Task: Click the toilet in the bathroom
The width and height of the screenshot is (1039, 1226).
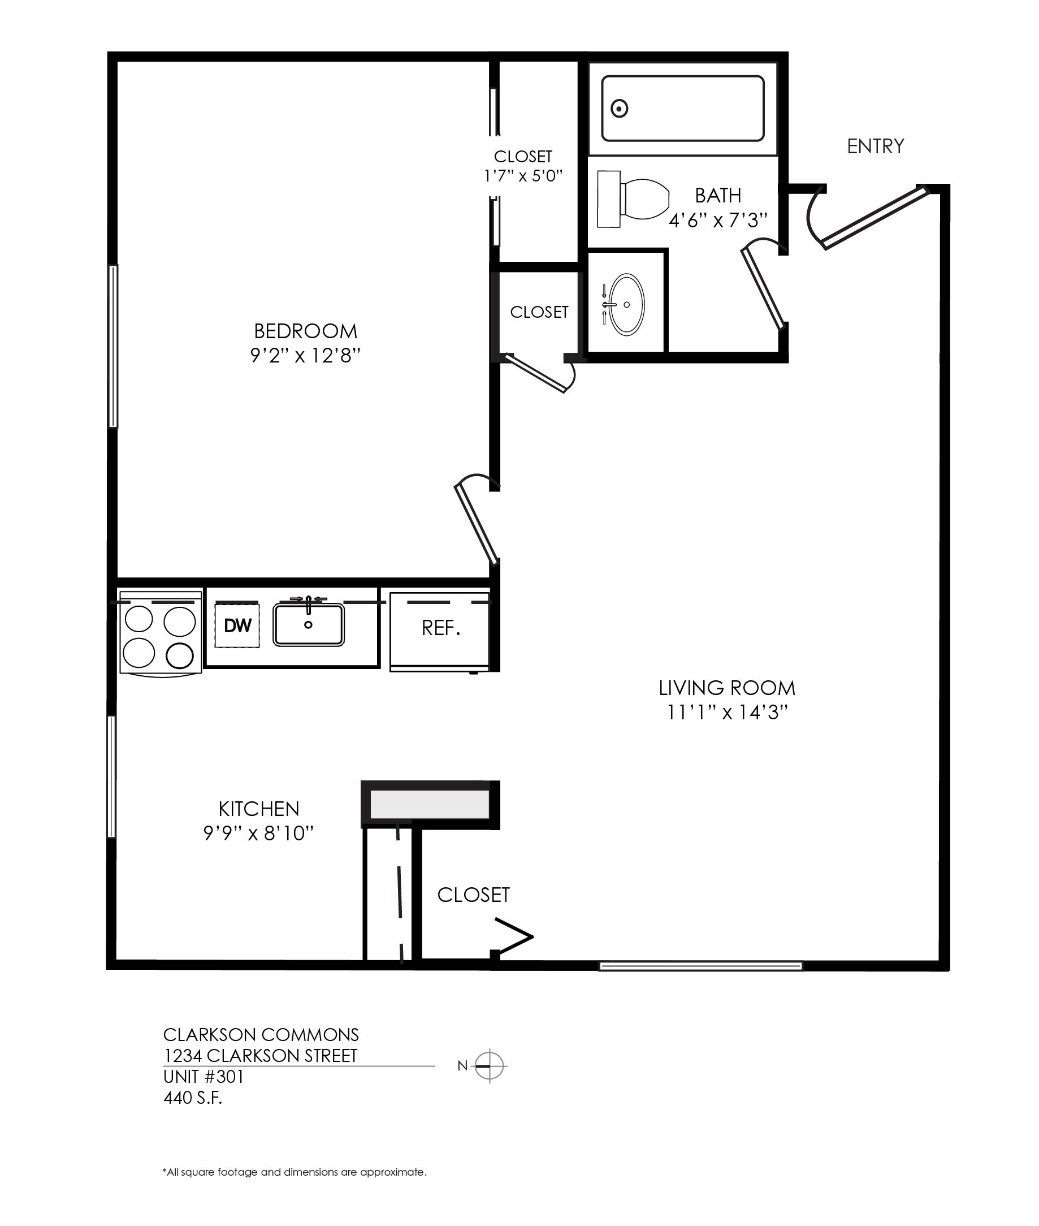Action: pos(633,199)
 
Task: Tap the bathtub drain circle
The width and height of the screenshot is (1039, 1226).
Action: pos(619,109)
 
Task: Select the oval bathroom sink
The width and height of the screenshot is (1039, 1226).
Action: pos(626,304)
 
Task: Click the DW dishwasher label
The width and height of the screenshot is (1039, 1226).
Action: pos(237,625)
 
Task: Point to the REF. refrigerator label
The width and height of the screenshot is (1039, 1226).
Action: pos(440,628)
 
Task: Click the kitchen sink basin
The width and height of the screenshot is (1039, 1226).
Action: pos(309,624)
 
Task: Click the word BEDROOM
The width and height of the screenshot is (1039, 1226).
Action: pos(306,331)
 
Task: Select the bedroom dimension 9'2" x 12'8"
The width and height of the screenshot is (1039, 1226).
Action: pos(305,356)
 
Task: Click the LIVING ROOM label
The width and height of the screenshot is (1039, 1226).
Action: pos(727,688)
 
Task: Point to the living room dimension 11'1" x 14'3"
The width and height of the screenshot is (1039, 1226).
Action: pos(727,713)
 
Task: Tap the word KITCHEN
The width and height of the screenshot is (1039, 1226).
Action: pos(258,808)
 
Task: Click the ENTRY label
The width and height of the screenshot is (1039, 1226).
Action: pos(875,146)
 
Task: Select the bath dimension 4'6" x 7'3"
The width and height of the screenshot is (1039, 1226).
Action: pos(718,221)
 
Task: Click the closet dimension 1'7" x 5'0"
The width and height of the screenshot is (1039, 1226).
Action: pos(523,175)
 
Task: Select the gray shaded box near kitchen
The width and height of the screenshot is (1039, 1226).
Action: pos(430,804)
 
